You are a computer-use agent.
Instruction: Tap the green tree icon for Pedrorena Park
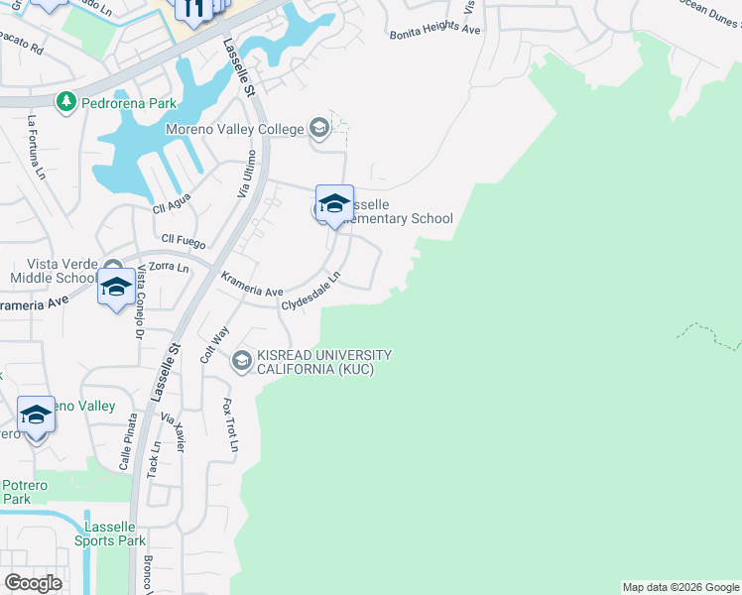tap(66, 101)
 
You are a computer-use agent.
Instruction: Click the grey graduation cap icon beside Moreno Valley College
tap(318, 127)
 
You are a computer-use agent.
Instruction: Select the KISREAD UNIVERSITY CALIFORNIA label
tap(325, 362)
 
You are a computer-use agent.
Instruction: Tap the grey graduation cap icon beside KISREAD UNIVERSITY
tap(242, 362)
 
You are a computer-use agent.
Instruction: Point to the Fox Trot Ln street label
tap(229, 425)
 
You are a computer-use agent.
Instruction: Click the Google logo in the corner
tap(33, 582)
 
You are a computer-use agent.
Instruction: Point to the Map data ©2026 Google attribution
tap(680, 587)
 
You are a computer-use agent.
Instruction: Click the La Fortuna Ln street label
tap(37, 148)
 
